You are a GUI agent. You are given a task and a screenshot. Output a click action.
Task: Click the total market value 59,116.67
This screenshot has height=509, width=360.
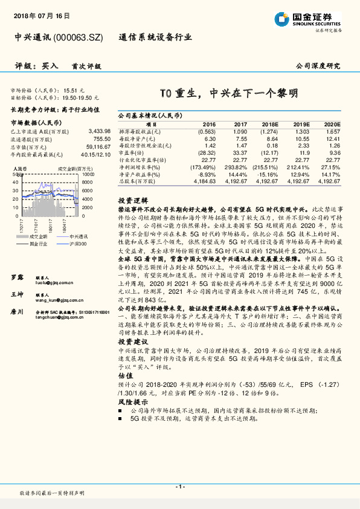[97, 146]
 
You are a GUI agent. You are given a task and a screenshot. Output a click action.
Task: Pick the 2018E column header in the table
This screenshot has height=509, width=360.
[271, 124]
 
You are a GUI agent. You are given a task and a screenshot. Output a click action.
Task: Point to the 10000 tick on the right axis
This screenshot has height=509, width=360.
[86, 173]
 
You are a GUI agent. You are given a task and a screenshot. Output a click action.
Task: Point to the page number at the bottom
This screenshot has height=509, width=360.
[179, 487]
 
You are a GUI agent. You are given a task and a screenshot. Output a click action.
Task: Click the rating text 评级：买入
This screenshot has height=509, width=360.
[36, 66]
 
